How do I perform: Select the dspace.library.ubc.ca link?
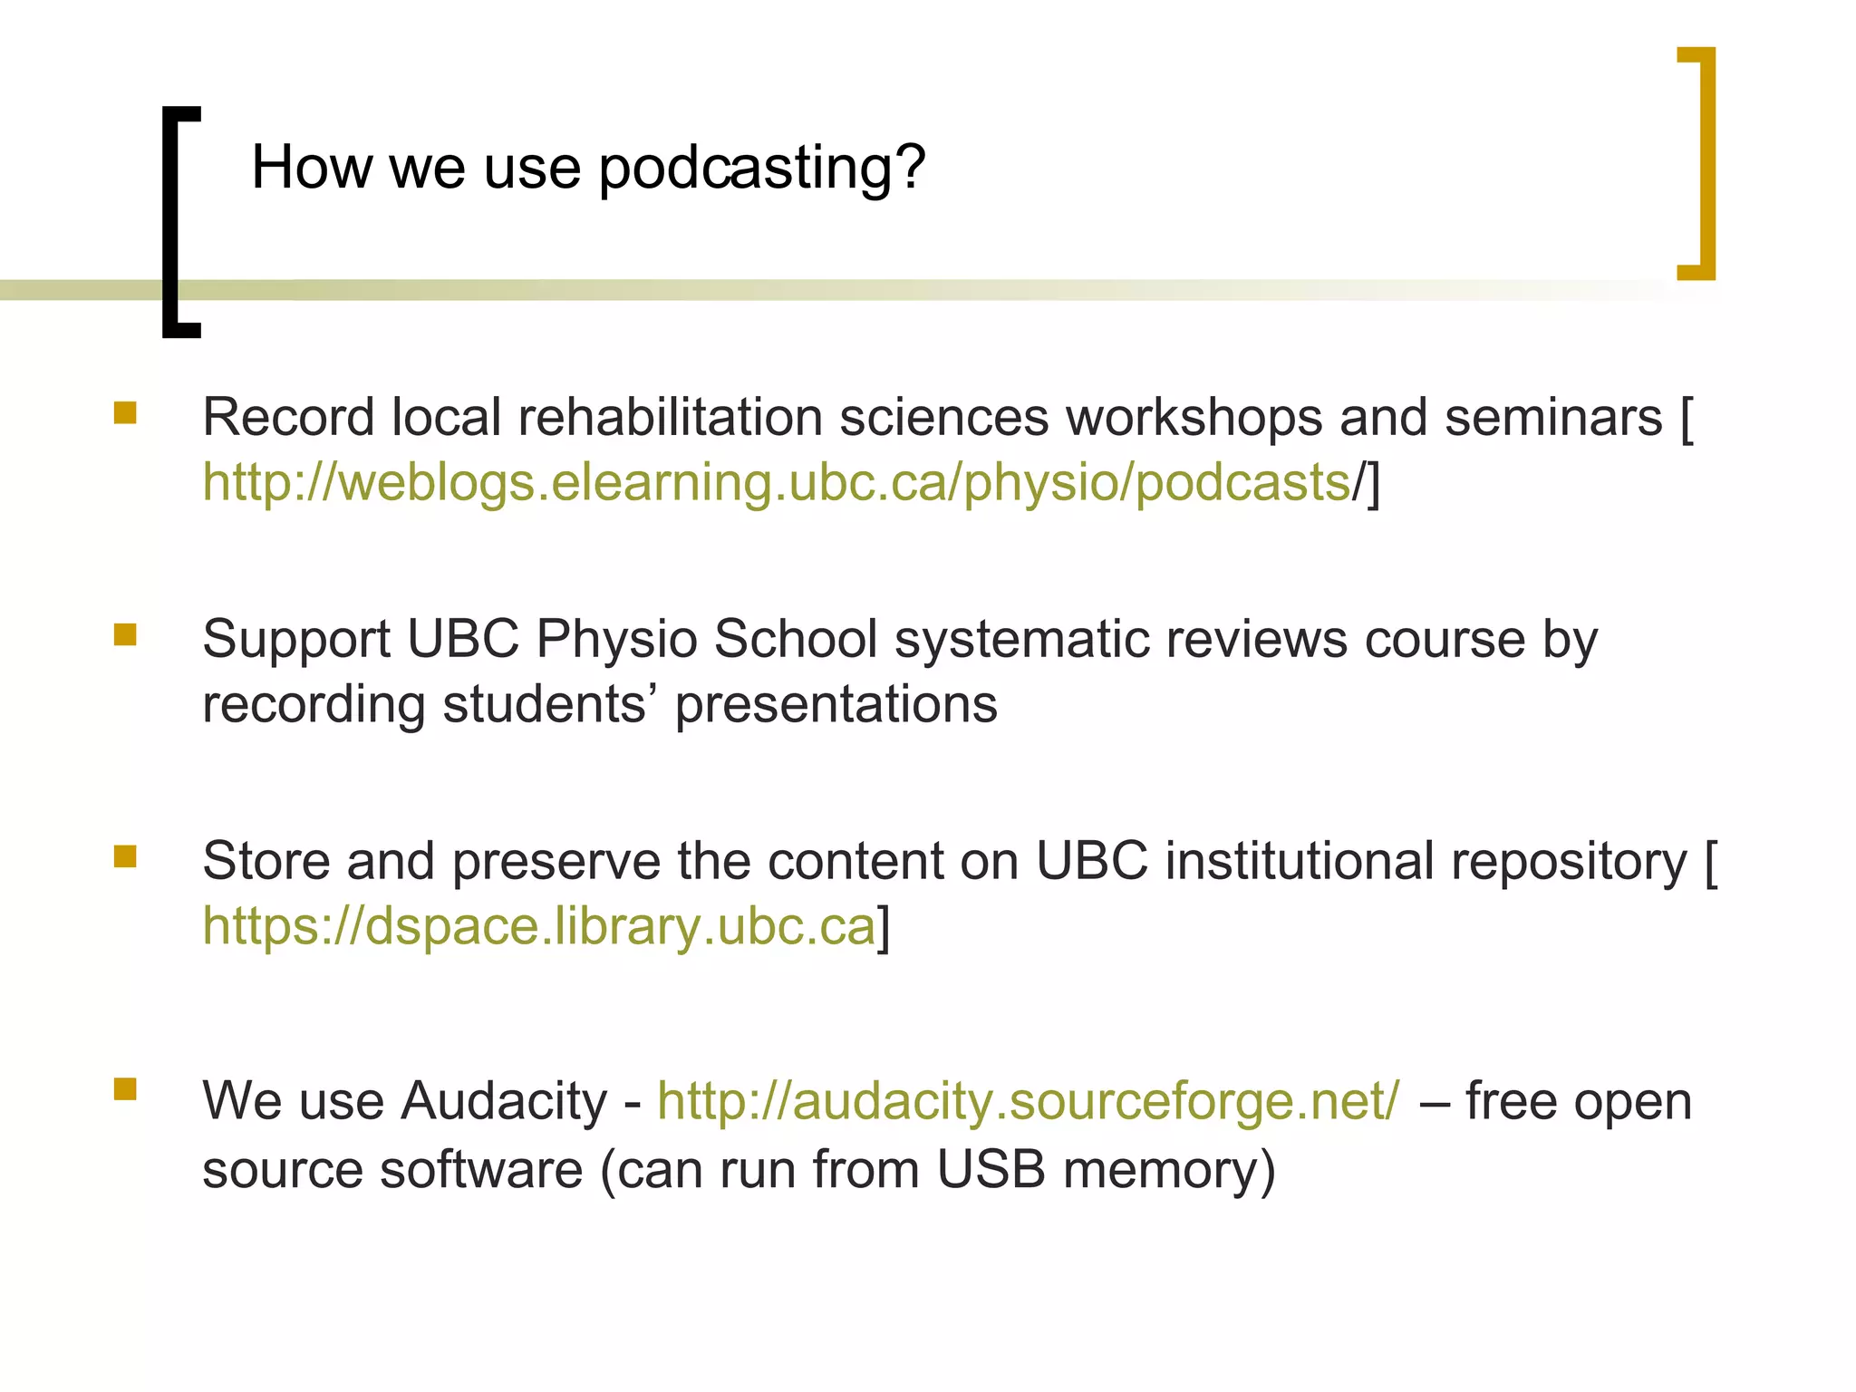pyautogui.click(x=539, y=926)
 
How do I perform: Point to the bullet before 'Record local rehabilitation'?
pyautogui.click(x=125, y=414)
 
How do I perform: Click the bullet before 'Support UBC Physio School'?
pyautogui.click(x=125, y=634)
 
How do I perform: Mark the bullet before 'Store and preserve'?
pyautogui.click(x=125, y=856)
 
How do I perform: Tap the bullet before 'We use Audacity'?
pyautogui.click(x=125, y=1088)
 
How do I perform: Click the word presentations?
pyautogui.click(x=836, y=705)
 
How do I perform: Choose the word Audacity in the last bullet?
pyautogui.click(x=504, y=1101)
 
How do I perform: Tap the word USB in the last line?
pyautogui.click(x=991, y=1169)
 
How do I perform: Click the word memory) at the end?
pyautogui.click(x=1169, y=1169)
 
